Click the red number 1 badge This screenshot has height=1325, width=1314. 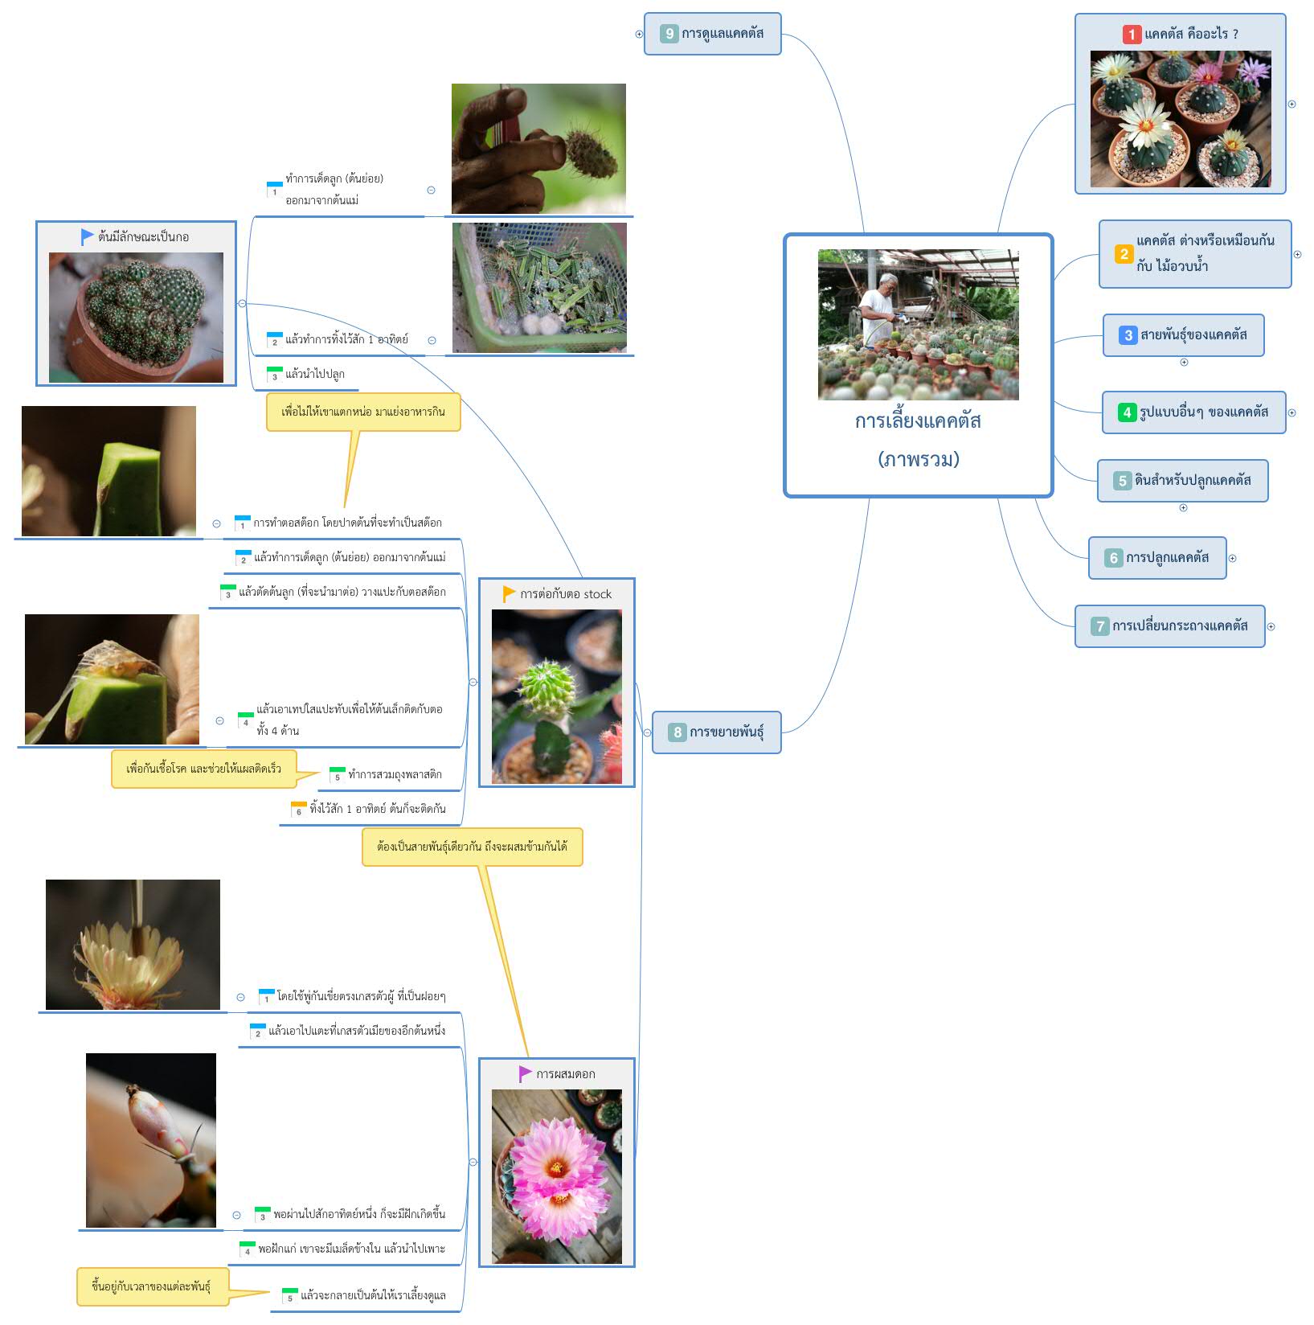coord(1132,35)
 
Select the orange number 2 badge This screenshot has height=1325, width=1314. coord(1124,254)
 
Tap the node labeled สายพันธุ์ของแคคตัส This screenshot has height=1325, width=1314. coord(1183,335)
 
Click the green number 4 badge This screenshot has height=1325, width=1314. coord(1127,412)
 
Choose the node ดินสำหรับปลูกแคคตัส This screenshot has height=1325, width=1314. coord(1182,481)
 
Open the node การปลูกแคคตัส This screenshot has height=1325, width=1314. coord(1157,558)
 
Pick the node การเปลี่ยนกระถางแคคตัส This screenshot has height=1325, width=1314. coord(1169,626)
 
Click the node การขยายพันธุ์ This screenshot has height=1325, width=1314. coord(716,732)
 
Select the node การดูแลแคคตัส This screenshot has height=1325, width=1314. coord(712,34)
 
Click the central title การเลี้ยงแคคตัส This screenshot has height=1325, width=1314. coord(918,421)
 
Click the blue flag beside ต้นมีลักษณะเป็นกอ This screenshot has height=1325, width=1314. coord(87,237)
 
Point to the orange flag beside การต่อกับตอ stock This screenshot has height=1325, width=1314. coord(509,594)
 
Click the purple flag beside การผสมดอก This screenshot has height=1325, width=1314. coord(526,1074)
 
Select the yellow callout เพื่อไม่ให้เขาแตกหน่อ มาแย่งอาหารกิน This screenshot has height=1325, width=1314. coord(363,412)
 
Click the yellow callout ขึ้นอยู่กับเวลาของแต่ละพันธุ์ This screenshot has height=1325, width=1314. coord(152,1286)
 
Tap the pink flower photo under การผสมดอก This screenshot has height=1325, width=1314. coord(557,1176)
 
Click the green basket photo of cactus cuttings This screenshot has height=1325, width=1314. coord(539,288)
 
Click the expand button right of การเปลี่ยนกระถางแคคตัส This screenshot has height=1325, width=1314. coord(1271,627)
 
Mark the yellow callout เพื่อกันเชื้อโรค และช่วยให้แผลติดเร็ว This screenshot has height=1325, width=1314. coord(203,769)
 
